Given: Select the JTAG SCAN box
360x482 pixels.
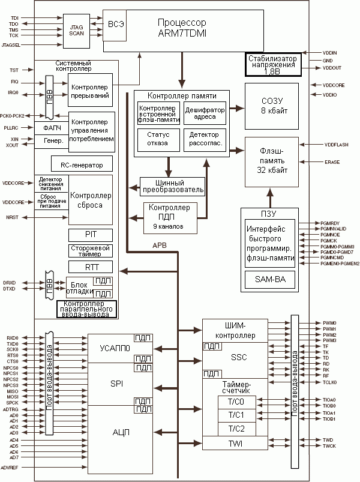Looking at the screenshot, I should tap(77, 31).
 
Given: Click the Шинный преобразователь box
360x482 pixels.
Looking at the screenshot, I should tap(172, 187).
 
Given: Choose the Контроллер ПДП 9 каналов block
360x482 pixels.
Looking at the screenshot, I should tap(172, 217).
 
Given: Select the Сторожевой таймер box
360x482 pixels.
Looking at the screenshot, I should tap(90, 251).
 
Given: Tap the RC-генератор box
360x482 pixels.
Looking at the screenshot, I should tap(82, 164).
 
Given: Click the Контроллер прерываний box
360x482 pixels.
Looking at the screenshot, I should tap(90, 91).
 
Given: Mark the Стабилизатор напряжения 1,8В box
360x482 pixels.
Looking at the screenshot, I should tap(272, 64).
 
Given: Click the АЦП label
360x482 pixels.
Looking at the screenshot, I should tap(121, 432).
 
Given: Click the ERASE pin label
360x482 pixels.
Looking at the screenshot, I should tap(332, 161).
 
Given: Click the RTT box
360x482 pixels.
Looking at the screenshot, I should tap(90, 267).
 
